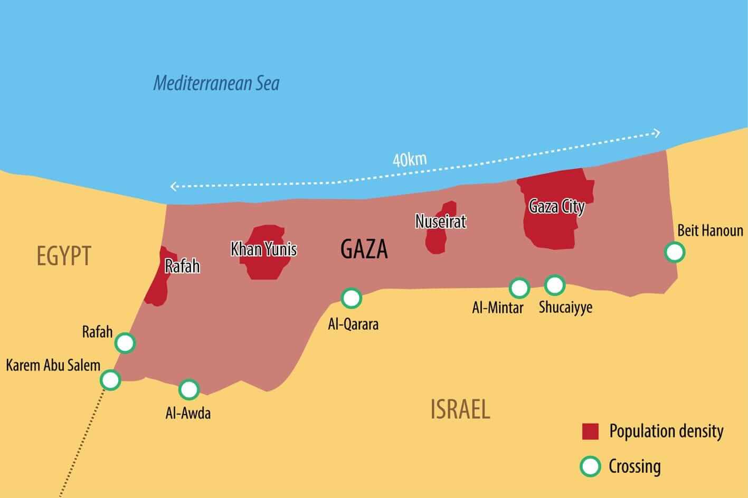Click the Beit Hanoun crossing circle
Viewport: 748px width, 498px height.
pyautogui.click(x=674, y=252)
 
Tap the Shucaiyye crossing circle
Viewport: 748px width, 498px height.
pyautogui.click(x=554, y=285)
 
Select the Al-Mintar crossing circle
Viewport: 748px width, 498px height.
pyautogui.click(x=519, y=288)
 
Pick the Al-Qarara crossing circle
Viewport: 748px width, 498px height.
pyautogui.click(x=351, y=298)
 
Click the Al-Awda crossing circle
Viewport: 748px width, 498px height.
pyautogui.click(x=189, y=389)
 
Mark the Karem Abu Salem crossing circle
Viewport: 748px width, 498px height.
pyautogui.click(x=110, y=379)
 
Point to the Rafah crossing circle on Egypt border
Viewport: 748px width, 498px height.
pyautogui.click(x=125, y=343)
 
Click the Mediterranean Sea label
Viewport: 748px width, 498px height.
pyautogui.click(x=216, y=83)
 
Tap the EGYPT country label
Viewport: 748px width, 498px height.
pyautogui.click(x=64, y=256)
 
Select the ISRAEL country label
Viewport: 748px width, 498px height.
pyautogui.click(x=460, y=409)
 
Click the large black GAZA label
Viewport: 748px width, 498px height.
pyautogui.click(x=364, y=250)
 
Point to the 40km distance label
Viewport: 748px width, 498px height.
pyautogui.click(x=409, y=159)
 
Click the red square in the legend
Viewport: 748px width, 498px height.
pyautogui.click(x=590, y=431)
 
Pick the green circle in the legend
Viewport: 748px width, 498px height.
pyautogui.click(x=590, y=466)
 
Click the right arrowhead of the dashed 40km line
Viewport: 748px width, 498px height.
pyautogui.click(x=657, y=133)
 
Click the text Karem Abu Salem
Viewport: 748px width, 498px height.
pyautogui.click(x=53, y=365)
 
